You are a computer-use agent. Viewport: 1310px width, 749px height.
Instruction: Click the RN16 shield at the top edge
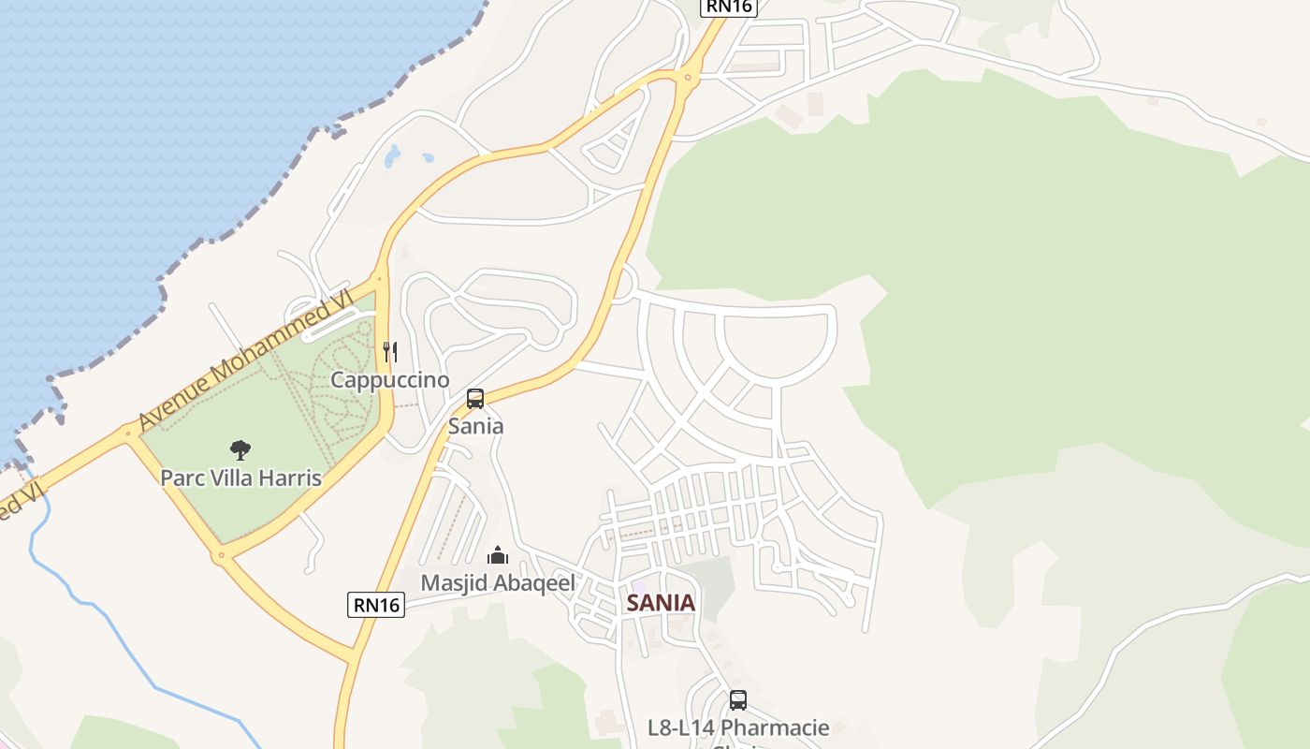coord(728,7)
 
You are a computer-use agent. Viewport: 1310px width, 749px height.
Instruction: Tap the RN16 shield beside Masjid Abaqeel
coord(377,605)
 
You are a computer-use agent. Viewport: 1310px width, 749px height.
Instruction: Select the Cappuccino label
coord(390,380)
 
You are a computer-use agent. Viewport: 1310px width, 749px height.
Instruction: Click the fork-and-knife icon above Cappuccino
coord(390,352)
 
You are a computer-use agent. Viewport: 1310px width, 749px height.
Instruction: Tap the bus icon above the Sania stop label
coord(475,399)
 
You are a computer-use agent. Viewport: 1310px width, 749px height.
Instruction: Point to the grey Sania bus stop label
coord(475,426)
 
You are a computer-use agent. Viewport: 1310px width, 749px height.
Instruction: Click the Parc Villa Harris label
coord(240,477)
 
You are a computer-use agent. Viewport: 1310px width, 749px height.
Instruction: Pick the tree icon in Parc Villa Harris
coord(240,450)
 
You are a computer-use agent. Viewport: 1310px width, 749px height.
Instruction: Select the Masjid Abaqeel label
coord(498,582)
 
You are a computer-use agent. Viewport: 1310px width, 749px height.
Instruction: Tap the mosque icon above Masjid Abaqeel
coord(498,555)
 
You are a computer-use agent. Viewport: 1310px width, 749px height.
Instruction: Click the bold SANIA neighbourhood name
coord(661,603)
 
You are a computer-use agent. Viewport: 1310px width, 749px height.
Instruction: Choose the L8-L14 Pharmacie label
coord(738,727)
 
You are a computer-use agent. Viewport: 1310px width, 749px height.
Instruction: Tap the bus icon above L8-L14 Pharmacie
coord(738,699)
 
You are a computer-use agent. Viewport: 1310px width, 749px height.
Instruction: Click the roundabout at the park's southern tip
coord(222,555)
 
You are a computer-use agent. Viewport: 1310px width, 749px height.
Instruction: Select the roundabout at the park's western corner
coord(128,433)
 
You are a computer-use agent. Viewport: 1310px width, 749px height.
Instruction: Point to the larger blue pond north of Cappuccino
coord(393,156)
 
